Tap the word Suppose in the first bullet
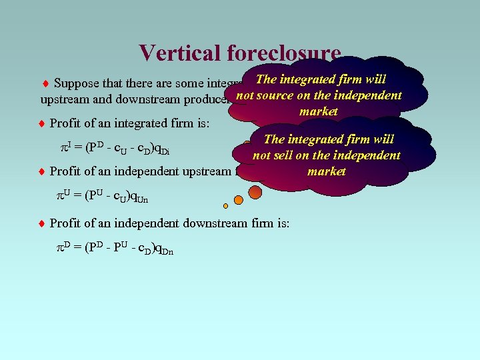click(76, 84)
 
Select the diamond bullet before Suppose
click(45, 84)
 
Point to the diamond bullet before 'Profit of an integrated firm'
click(41, 123)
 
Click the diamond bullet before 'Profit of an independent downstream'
click(41, 223)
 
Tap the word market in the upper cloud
click(319, 111)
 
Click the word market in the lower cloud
click(326, 171)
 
